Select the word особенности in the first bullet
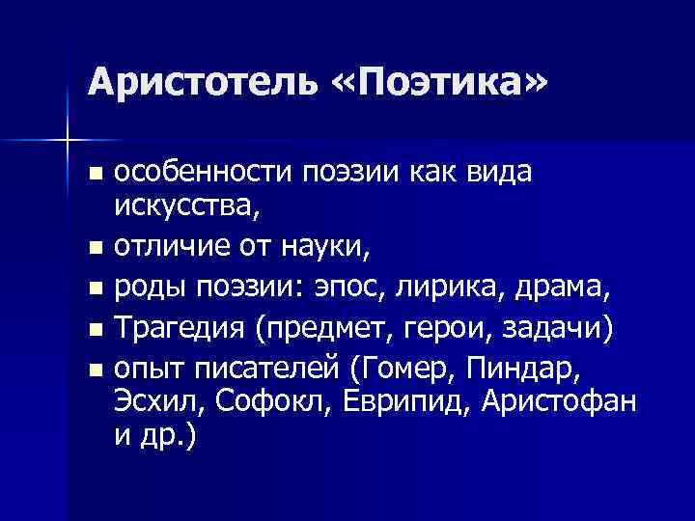201,174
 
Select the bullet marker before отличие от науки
94,249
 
